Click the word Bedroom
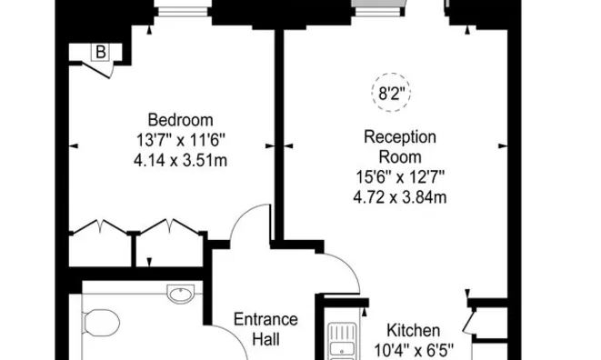point(180,120)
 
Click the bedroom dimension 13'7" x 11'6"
point(180,140)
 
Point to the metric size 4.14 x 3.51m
point(180,160)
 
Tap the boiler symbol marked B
point(100,53)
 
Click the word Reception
point(400,137)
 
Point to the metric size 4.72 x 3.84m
point(400,196)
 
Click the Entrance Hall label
point(265,329)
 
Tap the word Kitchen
point(414,330)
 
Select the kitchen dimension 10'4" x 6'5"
point(414,349)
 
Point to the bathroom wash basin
point(179,293)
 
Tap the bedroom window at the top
point(181,11)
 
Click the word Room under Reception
point(400,156)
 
